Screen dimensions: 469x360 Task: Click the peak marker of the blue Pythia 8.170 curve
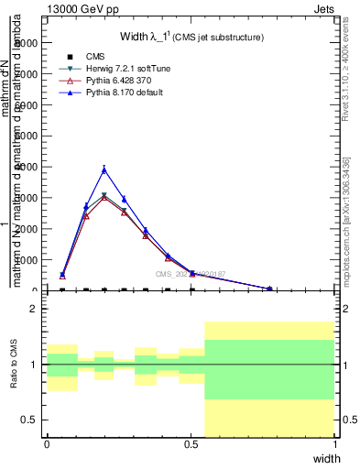104,169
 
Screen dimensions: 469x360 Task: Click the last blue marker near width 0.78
270,289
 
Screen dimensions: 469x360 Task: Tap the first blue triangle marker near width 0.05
62,274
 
